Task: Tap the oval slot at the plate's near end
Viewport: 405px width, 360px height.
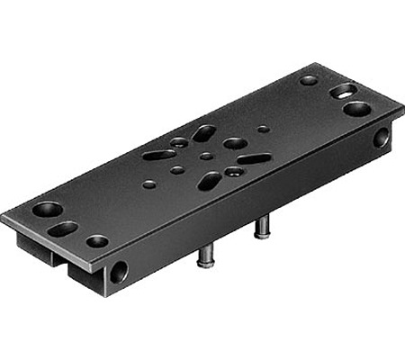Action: click(x=63, y=229)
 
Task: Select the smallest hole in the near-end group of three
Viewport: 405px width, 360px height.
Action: click(x=96, y=241)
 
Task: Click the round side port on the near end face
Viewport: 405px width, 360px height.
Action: click(x=119, y=271)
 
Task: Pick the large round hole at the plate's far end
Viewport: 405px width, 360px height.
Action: click(x=356, y=109)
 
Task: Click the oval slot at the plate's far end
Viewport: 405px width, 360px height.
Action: click(x=343, y=91)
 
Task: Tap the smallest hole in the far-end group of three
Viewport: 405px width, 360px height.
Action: click(x=309, y=80)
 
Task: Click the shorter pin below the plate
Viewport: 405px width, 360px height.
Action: click(x=263, y=229)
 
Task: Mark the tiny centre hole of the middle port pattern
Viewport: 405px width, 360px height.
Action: click(x=206, y=156)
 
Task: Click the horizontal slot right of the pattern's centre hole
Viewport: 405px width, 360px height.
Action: click(x=253, y=159)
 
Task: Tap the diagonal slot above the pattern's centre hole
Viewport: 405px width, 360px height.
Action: click(x=203, y=134)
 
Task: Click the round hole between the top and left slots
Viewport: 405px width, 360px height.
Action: click(x=179, y=142)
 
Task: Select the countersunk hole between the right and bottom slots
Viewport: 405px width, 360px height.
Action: click(x=234, y=171)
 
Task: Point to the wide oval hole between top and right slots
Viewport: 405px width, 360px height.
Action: click(x=235, y=143)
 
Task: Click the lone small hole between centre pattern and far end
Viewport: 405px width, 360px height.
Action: click(x=263, y=129)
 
